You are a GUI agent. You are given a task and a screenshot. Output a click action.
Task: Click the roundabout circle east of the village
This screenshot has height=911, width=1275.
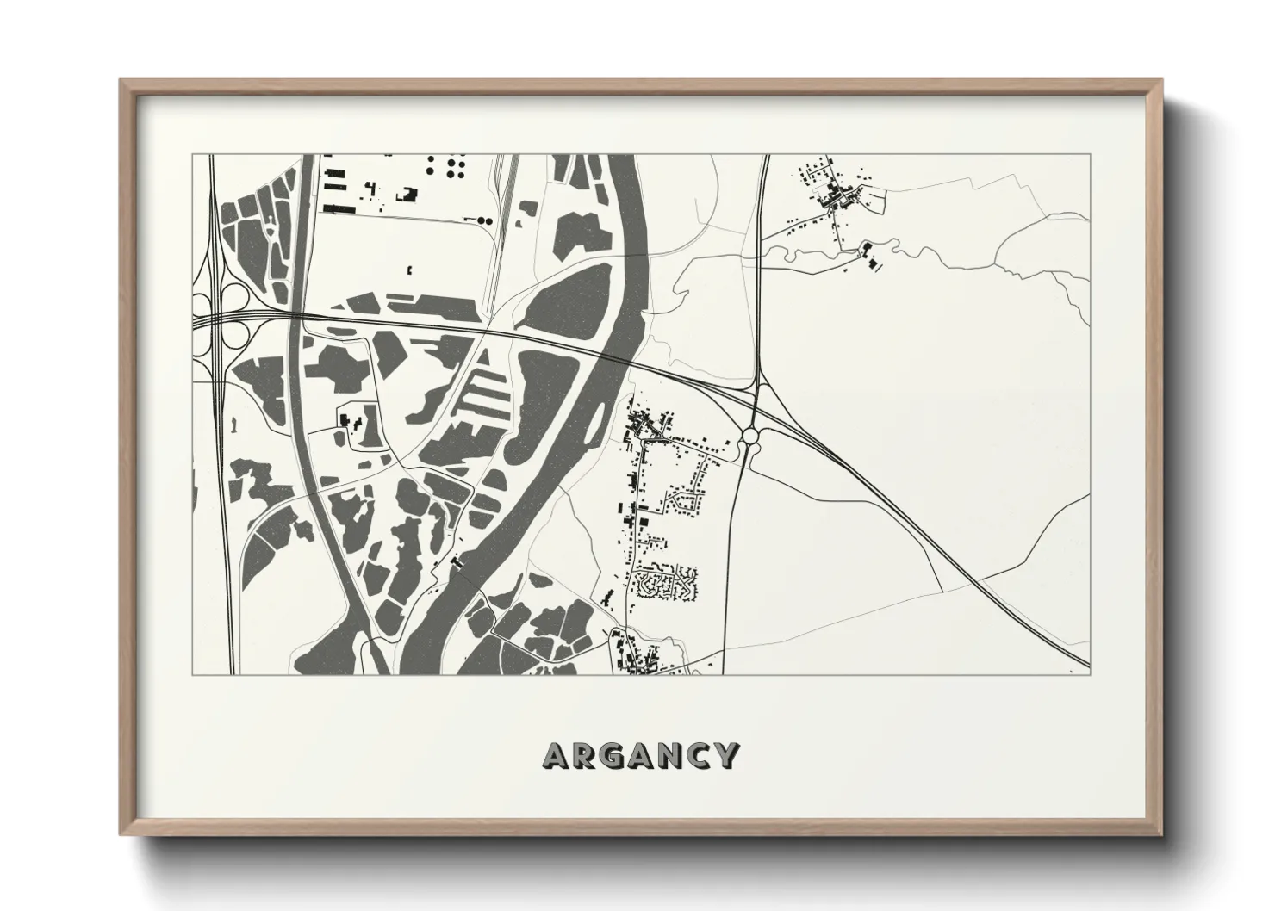[751, 437]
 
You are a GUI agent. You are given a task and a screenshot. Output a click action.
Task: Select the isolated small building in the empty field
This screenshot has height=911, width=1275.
[409, 270]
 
